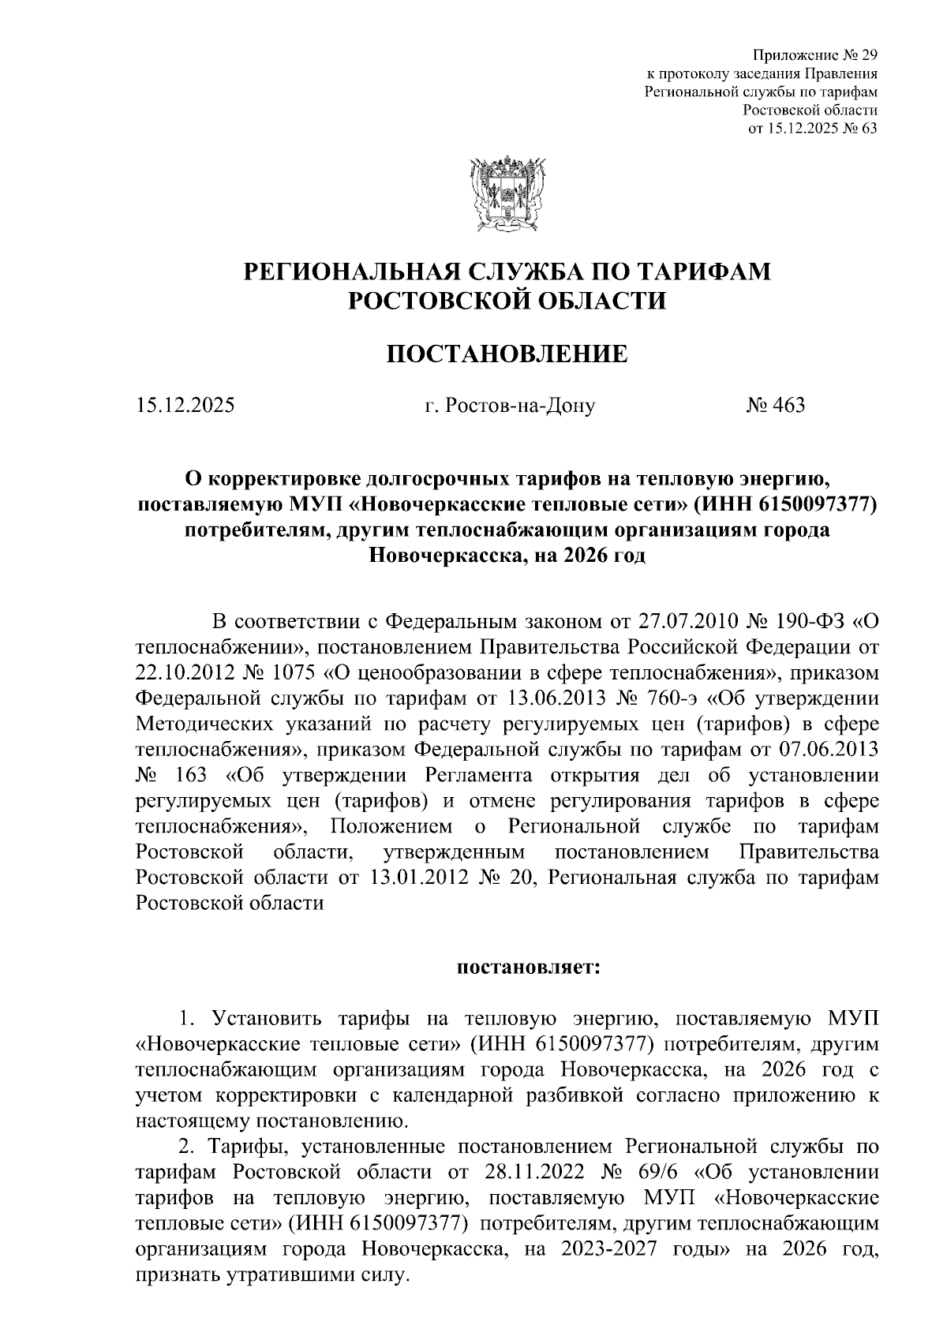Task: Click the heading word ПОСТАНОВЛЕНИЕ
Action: pyautogui.click(x=507, y=354)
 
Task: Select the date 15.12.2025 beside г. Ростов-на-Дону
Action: pyautogui.click(x=185, y=406)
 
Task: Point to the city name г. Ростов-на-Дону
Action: pyautogui.click(x=509, y=406)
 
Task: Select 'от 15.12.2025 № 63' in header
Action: pyautogui.click(x=812, y=129)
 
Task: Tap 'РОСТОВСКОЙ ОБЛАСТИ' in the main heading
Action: pyautogui.click(x=507, y=301)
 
